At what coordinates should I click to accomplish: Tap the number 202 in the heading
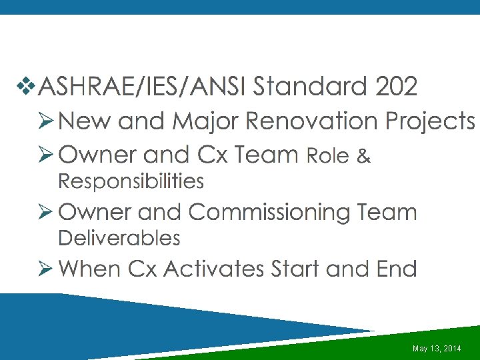point(397,86)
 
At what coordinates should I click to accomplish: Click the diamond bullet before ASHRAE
point(27,86)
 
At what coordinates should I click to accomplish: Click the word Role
point(327,156)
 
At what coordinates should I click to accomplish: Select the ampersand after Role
point(363,156)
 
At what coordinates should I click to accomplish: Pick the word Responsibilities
point(131,181)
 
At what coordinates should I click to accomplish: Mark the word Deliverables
point(119,238)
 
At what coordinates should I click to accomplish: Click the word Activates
point(214,269)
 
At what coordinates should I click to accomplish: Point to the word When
point(90,269)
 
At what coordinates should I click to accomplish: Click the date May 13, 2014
point(437,349)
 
